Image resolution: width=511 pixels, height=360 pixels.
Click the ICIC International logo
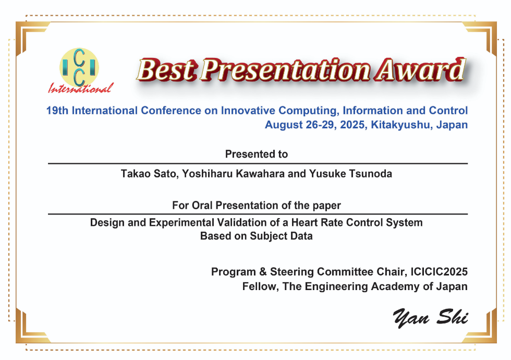[x=80, y=70]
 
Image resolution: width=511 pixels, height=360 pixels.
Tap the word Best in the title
[x=167, y=70]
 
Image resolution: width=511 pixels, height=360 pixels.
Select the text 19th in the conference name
[x=57, y=111]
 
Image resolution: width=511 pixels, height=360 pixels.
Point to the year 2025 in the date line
[x=352, y=125]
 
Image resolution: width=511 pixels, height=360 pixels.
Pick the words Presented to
[x=257, y=154]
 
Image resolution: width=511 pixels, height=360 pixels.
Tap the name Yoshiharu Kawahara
[x=234, y=174]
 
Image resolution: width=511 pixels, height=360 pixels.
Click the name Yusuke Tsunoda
[x=350, y=174]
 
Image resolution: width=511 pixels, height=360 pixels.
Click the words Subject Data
[x=281, y=236]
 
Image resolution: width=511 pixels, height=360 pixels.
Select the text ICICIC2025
[x=439, y=272]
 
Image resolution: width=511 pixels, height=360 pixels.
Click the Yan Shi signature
[x=431, y=318]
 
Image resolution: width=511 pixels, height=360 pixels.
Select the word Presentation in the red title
[x=286, y=70]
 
